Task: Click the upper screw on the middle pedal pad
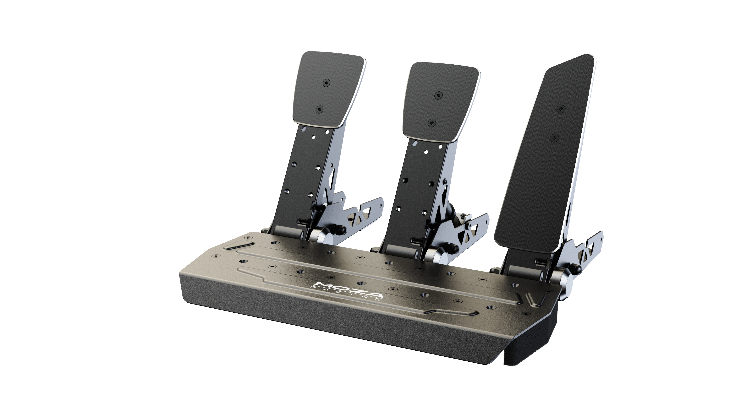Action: click(x=438, y=95)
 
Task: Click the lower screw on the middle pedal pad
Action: click(x=431, y=123)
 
